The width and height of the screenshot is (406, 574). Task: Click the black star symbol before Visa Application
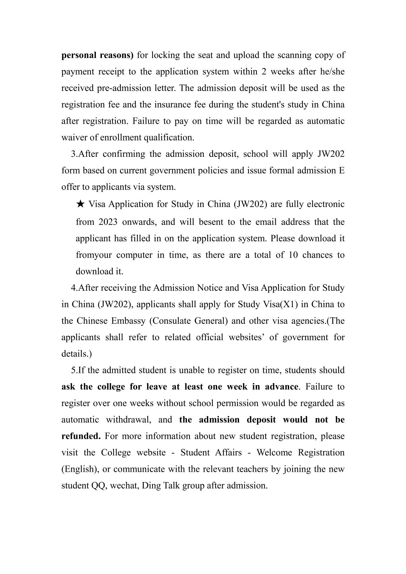pos(80,204)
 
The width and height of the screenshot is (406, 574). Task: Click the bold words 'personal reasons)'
pos(98,55)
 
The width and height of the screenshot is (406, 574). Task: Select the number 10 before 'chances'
pos(293,255)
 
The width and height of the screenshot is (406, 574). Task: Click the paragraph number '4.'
pos(74,288)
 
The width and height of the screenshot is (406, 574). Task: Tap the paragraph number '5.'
pos(74,370)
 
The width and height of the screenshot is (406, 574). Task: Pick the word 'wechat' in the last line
pos(121,486)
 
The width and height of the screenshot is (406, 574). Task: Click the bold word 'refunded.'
pos(81,436)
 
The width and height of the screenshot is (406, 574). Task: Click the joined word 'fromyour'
pos(94,255)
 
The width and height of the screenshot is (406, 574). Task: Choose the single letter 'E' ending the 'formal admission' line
pos(342,171)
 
